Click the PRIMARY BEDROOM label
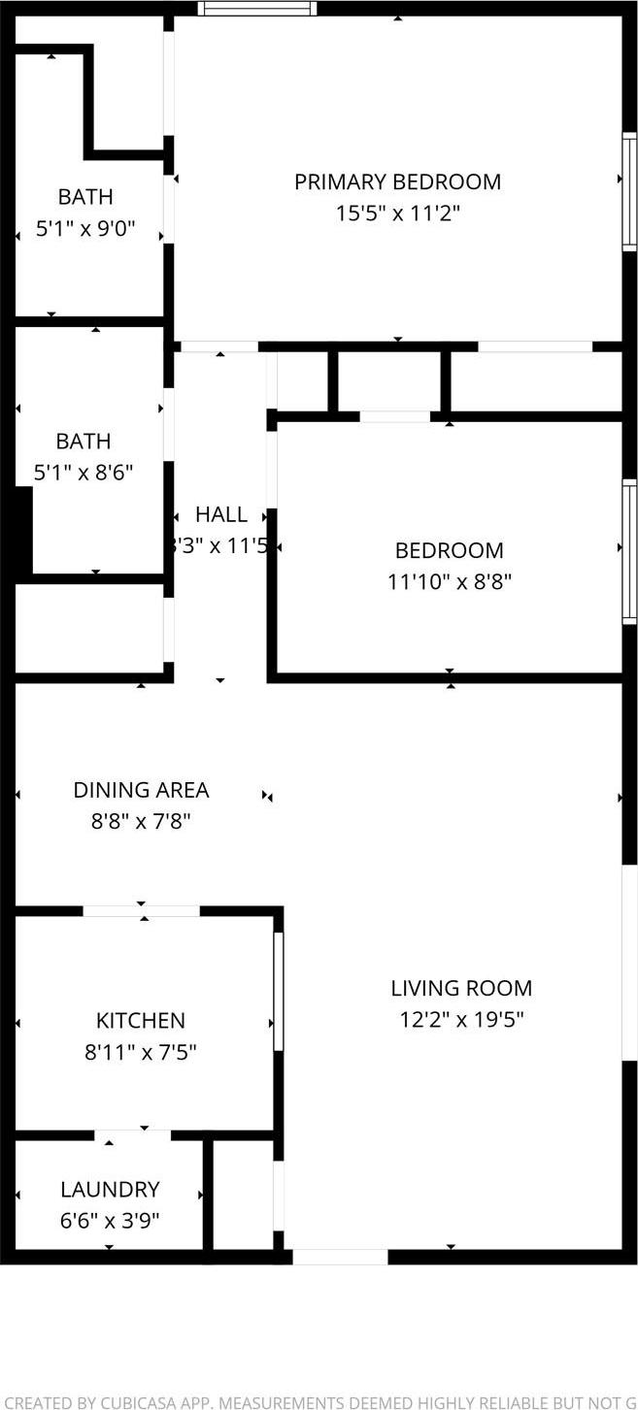pos(397,181)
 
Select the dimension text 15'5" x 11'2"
pos(397,213)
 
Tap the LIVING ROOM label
pos(461,989)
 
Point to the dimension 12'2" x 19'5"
pos(461,1020)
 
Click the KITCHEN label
pos(140,1021)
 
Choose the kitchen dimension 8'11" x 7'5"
pos(140,1052)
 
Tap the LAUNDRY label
pos(110,1190)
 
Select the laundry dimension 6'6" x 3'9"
pos(110,1220)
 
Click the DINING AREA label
pos(141,791)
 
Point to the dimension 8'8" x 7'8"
pos(141,822)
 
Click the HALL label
pos(221,514)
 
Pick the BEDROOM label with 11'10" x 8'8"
pos(449,551)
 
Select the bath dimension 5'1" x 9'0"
pos(84,230)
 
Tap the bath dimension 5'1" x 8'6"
pos(83,474)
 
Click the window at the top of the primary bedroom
pos(257,9)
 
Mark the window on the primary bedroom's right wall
pos(629,192)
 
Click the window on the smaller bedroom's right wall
pos(629,550)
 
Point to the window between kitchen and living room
pos(279,991)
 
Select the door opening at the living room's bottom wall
pos(340,1257)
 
